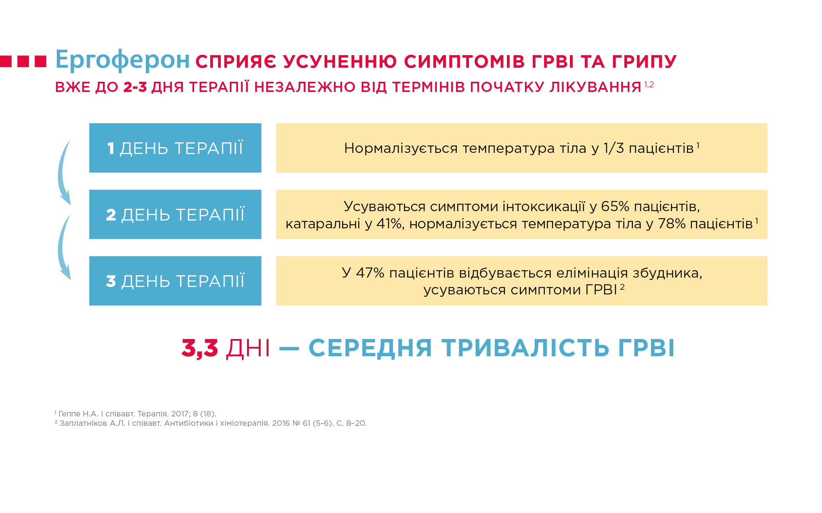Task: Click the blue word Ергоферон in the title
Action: pos(123,60)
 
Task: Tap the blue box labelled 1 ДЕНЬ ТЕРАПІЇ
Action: pos(175,148)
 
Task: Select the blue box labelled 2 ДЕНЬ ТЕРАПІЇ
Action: pos(175,214)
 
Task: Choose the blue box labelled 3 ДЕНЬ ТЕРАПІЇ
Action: pos(175,281)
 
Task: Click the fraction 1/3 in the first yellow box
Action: pos(613,148)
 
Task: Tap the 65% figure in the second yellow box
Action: pos(615,206)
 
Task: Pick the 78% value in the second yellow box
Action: pos(672,224)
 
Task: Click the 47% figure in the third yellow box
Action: pos(370,273)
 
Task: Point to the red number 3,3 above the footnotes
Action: pos(200,348)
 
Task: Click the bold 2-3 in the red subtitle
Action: pos(135,87)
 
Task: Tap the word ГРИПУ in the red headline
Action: pos(644,61)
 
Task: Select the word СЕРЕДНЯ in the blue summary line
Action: pos(370,348)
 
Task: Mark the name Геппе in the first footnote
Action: pos(69,414)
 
